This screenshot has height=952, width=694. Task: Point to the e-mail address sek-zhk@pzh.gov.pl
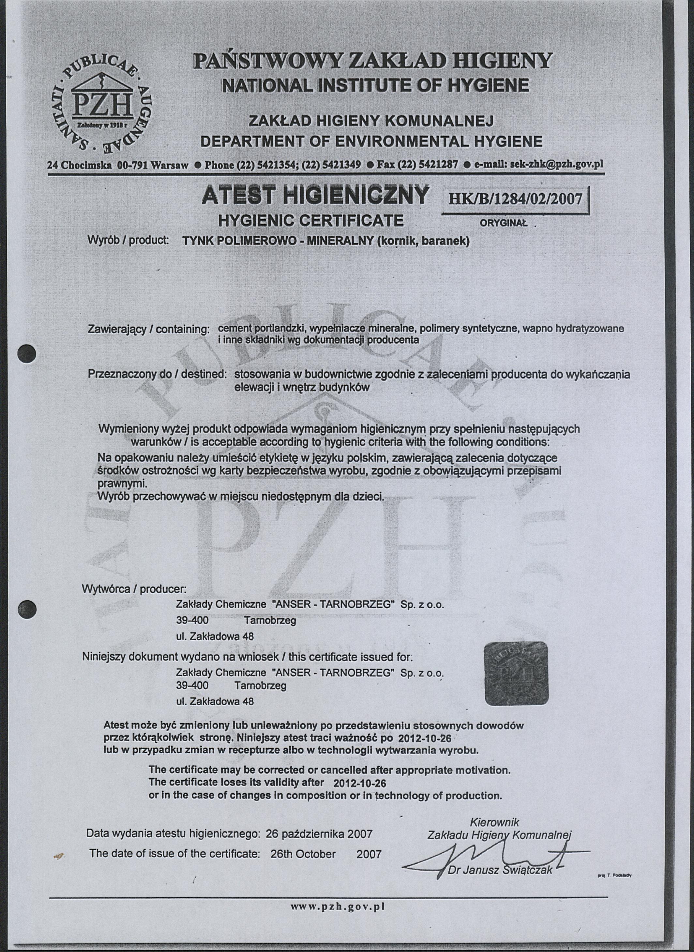click(556, 165)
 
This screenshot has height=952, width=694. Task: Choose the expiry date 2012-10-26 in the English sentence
click(360, 784)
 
